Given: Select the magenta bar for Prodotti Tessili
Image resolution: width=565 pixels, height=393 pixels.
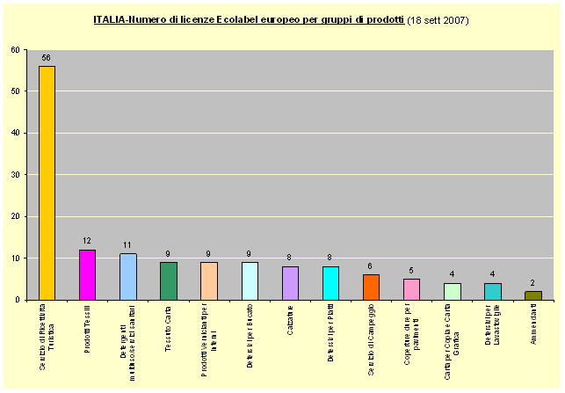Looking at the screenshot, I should pos(87,275).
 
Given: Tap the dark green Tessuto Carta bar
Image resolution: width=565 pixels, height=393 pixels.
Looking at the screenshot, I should pos(169,281).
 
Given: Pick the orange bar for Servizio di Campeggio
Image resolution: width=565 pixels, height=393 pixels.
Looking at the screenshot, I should pos(371,287).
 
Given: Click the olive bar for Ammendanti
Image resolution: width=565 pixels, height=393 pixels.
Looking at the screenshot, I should pos(532,295).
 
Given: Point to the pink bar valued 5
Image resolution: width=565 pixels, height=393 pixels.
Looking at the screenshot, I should pos(411,289).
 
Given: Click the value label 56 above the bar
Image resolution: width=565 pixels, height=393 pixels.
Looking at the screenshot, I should pos(47,58).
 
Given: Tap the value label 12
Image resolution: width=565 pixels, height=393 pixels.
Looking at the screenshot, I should pos(87,242).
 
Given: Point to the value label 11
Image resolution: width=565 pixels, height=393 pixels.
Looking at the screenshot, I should pos(127,245).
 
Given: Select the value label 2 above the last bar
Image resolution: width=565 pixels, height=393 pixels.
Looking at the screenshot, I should pos(532,283).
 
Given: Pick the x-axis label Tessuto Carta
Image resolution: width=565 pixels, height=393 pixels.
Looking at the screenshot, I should pos(169,326).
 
